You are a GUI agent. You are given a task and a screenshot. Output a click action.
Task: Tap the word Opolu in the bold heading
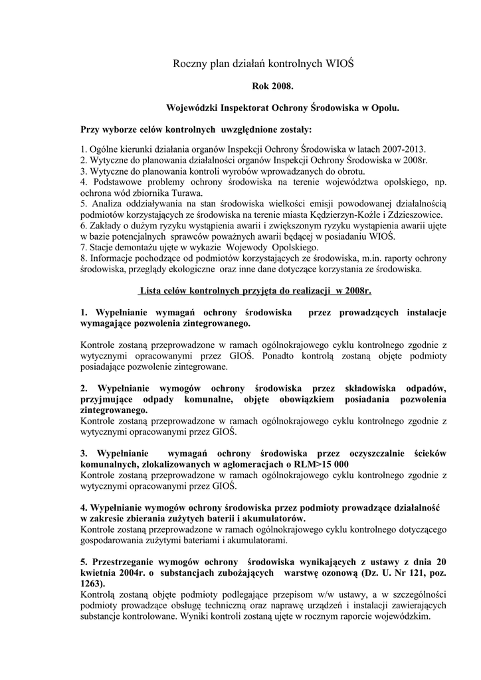(385, 106)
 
